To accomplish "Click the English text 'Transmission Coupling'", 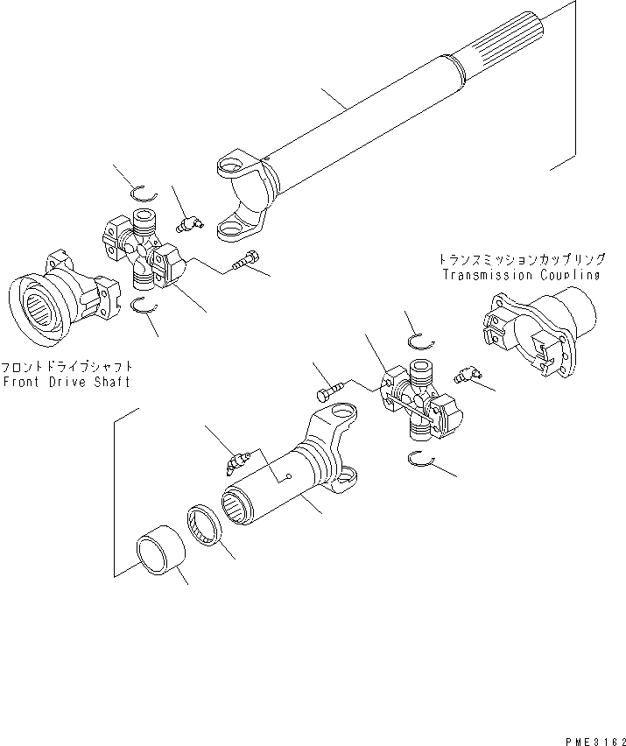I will coord(521,275).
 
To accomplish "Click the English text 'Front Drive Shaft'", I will coord(67,383).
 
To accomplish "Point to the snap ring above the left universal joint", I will coord(143,195).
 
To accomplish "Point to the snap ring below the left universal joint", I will coord(143,305).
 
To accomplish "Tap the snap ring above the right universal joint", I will coord(421,340).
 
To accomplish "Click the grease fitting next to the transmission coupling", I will coord(468,376).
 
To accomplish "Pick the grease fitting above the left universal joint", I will coord(188,225).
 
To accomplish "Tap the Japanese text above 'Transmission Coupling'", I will coord(522,260).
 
